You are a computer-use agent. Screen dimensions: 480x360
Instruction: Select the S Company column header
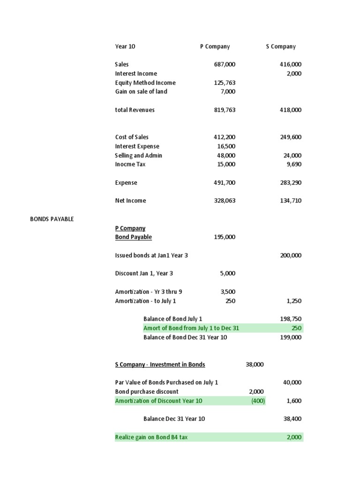[280, 46]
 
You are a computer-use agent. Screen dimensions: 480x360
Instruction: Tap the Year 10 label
[125, 46]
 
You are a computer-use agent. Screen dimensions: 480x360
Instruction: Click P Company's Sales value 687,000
[225, 64]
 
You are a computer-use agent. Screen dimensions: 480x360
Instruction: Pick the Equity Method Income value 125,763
[225, 82]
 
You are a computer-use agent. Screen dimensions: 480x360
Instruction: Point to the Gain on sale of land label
[141, 91]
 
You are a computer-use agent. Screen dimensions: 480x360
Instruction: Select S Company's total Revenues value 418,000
[291, 110]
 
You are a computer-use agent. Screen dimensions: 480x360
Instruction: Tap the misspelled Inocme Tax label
[131, 164]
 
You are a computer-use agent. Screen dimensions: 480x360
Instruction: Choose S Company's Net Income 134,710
[291, 201]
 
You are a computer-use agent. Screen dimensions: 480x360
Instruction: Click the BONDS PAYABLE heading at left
[52, 219]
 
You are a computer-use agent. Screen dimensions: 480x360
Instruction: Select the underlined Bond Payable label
[134, 237]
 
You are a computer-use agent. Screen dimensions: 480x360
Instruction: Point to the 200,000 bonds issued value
[291, 255]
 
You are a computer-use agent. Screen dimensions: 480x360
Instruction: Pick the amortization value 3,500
[228, 292]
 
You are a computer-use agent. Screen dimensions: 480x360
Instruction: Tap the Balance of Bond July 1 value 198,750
[291, 319]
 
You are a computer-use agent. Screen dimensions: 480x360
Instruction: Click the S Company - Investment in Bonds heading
[160, 364]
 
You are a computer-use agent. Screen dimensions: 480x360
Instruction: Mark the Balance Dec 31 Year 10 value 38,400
[292, 419]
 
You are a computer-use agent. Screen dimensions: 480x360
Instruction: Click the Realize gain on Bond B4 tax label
[151, 437]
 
